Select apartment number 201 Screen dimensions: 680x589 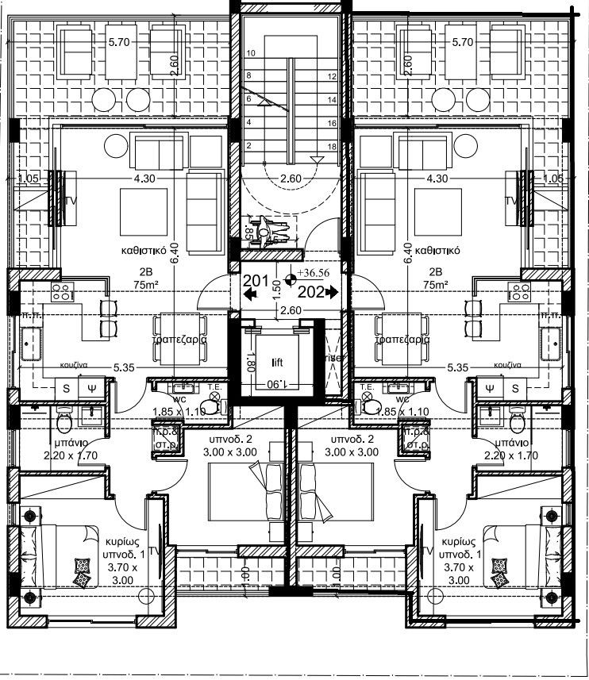click(254, 280)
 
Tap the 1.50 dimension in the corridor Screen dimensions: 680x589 click(277, 286)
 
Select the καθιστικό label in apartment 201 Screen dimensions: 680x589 click(142, 249)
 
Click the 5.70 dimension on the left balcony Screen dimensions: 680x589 click(118, 42)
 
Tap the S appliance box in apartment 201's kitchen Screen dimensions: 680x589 click(66, 388)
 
